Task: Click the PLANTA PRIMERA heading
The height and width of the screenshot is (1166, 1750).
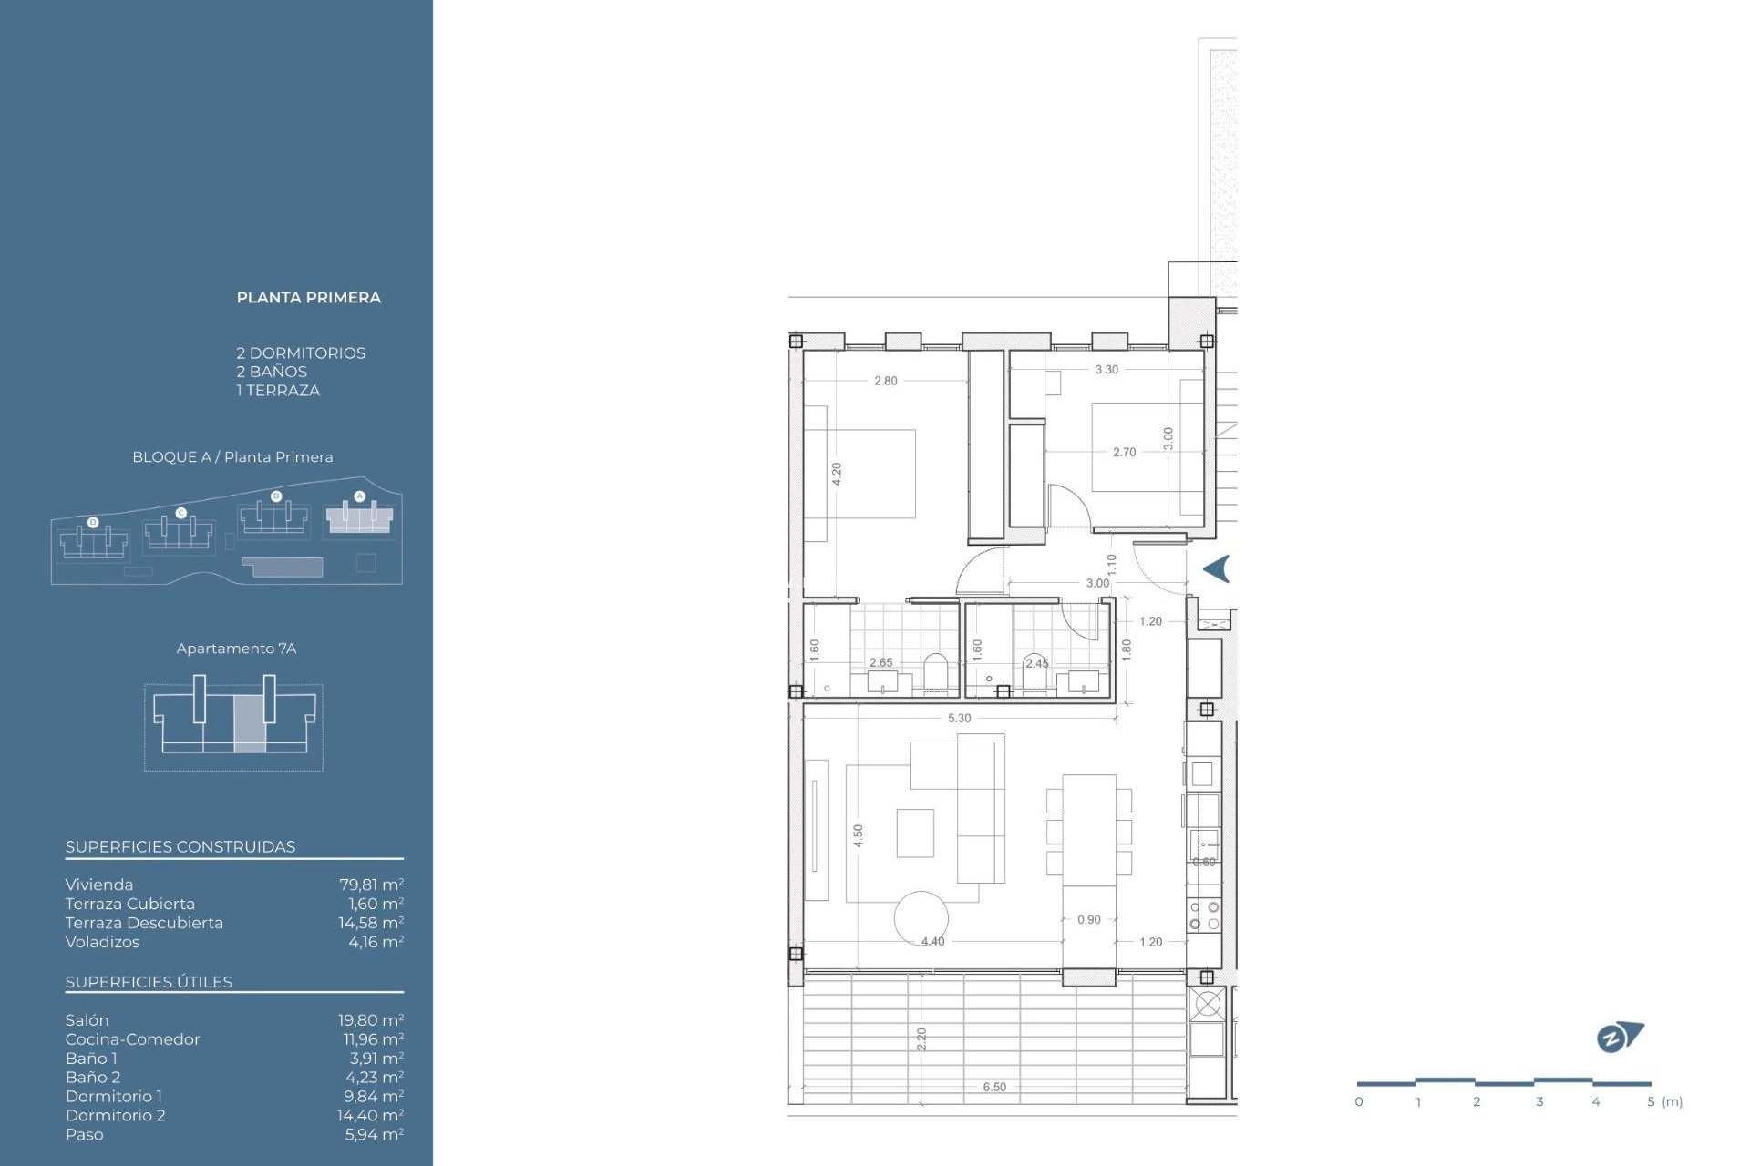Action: tap(308, 298)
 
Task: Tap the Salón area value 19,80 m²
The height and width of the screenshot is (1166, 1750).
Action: tap(370, 1020)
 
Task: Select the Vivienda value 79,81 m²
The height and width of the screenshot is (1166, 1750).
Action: tap(370, 885)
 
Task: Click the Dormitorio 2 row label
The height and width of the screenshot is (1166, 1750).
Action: tap(115, 1115)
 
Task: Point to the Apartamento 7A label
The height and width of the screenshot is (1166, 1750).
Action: tap(236, 649)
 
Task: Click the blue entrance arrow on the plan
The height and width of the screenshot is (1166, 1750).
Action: tap(1217, 568)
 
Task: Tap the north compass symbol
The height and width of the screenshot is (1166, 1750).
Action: tap(1619, 1037)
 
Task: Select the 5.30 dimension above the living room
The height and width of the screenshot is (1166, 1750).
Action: tap(959, 718)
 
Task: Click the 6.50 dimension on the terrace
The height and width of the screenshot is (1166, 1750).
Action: tap(994, 1087)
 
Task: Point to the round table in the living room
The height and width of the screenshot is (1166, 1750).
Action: tap(921, 917)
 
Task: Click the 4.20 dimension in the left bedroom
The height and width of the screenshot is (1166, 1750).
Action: tap(837, 473)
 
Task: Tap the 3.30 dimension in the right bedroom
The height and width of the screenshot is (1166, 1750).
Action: tap(1107, 370)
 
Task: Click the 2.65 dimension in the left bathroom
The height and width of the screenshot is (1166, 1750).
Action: tap(880, 662)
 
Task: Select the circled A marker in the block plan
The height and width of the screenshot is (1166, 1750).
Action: tap(359, 496)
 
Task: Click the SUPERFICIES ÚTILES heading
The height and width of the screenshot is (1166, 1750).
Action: tap(149, 982)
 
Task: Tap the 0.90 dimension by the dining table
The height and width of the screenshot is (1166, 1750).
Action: tap(1088, 919)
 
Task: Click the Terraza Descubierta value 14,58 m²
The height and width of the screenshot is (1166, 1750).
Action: tap(370, 923)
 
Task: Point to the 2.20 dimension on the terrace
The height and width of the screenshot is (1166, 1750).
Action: tap(921, 1038)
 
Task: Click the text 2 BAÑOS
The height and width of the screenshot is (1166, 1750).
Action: tap(271, 372)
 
